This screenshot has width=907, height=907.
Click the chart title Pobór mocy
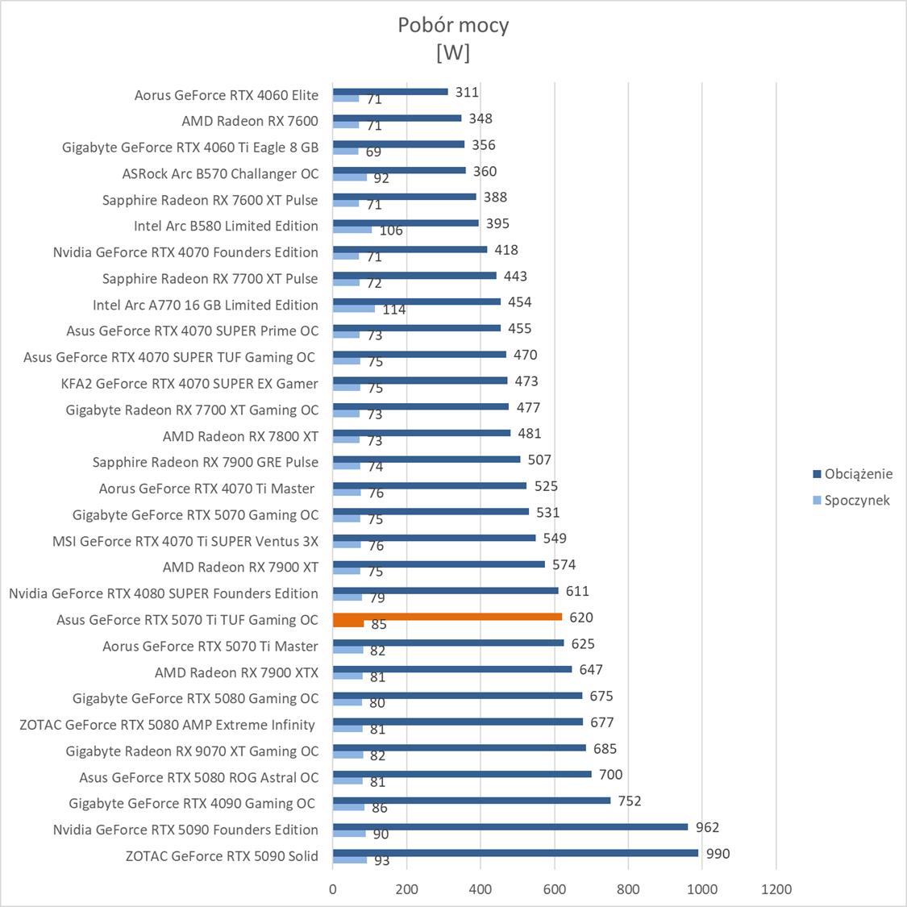(453, 25)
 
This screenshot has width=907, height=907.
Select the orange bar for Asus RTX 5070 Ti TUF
(447, 617)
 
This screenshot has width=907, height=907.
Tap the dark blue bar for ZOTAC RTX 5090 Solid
(515, 853)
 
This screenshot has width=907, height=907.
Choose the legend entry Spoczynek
(856, 500)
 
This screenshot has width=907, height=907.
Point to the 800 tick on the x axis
(628, 889)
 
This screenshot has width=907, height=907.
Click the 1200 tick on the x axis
(776, 889)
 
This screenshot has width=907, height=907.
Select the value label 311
(467, 92)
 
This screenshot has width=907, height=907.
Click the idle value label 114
(394, 310)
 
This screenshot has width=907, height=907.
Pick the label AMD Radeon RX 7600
(250, 121)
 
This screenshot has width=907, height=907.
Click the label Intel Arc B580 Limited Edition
(226, 226)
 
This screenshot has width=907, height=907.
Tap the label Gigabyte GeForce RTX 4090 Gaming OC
(192, 803)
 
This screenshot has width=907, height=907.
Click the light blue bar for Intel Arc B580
(352, 230)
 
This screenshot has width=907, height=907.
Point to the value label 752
(630, 801)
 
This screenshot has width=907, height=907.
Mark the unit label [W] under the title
(453, 52)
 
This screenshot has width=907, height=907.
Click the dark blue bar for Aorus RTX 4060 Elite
(390, 92)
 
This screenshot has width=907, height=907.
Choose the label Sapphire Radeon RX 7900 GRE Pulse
(205, 462)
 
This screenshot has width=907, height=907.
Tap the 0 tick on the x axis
(333, 889)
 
